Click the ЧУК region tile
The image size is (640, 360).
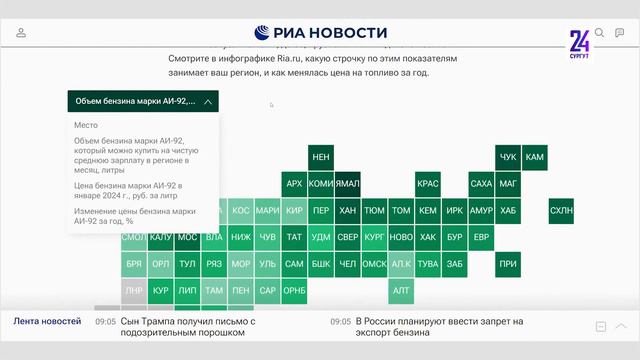(508, 157)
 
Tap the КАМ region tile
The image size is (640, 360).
(535, 157)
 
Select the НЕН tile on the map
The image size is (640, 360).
(321, 157)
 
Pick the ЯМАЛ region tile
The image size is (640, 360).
(348, 184)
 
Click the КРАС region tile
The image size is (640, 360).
(428, 184)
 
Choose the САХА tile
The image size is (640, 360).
(481, 184)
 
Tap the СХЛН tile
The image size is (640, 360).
(562, 211)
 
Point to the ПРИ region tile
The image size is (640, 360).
(508, 264)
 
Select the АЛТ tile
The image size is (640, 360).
(401, 291)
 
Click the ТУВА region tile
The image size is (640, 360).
(428, 264)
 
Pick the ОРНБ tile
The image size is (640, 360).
(294, 291)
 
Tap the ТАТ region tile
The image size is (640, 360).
(294, 237)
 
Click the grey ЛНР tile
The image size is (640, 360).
(134, 291)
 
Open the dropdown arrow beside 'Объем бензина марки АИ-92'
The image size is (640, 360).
(207, 101)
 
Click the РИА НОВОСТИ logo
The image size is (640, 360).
(320, 33)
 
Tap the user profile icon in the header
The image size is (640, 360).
(21, 33)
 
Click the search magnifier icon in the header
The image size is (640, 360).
(600, 33)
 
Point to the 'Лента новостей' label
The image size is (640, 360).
(47, 321)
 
